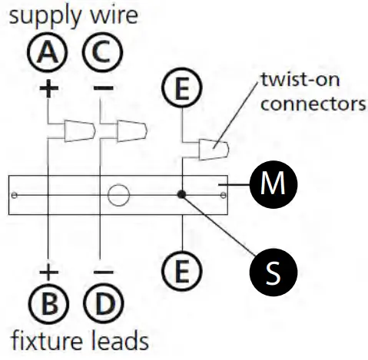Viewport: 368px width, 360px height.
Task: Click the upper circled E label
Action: click(181, 91)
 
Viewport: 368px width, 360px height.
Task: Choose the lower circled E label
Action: click(181, 268)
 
